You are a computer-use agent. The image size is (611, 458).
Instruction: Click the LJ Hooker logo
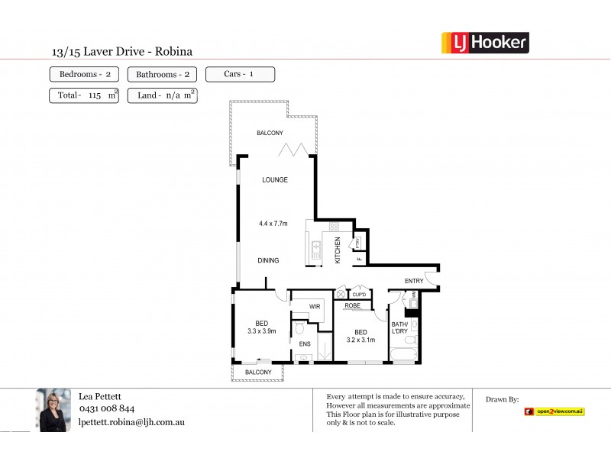(x=485, y=43)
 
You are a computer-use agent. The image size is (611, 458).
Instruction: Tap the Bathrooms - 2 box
(x=161, y=75)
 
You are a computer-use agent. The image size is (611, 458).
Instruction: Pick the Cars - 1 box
(x=240, y=74)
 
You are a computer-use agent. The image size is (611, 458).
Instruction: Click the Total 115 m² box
(x=84, y=96)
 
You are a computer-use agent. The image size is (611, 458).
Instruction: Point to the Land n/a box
(x=163, y=96)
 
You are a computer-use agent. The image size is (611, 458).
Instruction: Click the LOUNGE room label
(x=274, y=180)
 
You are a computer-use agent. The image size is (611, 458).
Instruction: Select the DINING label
(x=268, y=260)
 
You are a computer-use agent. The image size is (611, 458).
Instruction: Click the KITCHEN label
(x=338, y=251)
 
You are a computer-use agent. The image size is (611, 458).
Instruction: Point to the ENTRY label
(x=414, y=281)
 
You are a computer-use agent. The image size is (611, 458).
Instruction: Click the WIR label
(x=314, y=307)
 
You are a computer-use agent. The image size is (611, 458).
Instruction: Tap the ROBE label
(x=353, y=305)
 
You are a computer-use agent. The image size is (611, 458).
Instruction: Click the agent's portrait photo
(x=54, y=410)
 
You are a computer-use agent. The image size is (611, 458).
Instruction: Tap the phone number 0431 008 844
(x=107, y=409)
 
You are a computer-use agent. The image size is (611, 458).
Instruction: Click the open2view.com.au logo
(x=554, y=411)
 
